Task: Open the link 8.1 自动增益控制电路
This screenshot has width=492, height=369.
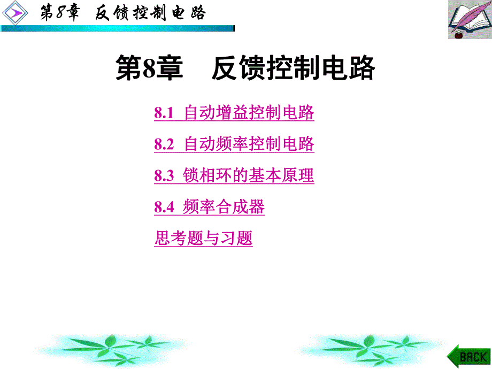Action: click(234, 113)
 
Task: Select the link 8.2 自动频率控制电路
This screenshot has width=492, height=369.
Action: click(234, 144)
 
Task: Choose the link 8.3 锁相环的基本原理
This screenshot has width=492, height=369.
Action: click(234, 175)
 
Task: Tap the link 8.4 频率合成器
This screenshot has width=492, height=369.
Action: click(209, 207)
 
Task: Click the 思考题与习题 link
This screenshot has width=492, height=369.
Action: click(203, 239)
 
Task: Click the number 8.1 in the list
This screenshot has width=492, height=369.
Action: click(164, 113)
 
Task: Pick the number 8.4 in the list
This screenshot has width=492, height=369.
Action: click(164, 207)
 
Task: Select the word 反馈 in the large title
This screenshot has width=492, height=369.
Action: click(228, 69)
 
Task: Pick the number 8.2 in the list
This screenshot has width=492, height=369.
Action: click(164, 144)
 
